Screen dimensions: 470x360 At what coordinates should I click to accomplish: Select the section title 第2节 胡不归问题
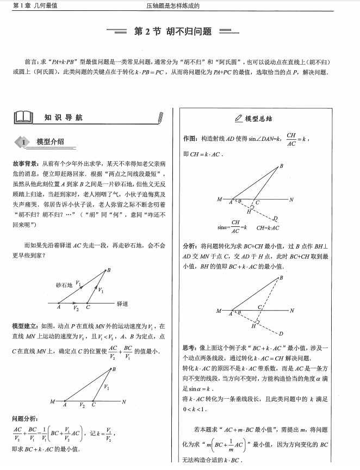(x=172, y=31)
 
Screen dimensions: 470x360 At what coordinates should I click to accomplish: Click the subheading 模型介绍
(x=51, y=142)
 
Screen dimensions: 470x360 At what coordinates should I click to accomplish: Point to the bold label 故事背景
(x=24, y=163)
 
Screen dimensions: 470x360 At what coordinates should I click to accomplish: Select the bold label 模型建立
(x=24, y=326)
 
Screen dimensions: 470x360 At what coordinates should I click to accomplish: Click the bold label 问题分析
(x=24, y=418)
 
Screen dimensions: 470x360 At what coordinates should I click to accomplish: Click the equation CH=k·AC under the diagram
(x=268, y=227)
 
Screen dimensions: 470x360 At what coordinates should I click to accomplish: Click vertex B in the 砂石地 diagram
(x=109, y=270)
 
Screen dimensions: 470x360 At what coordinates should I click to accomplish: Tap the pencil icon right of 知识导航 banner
(x=159, y=117)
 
